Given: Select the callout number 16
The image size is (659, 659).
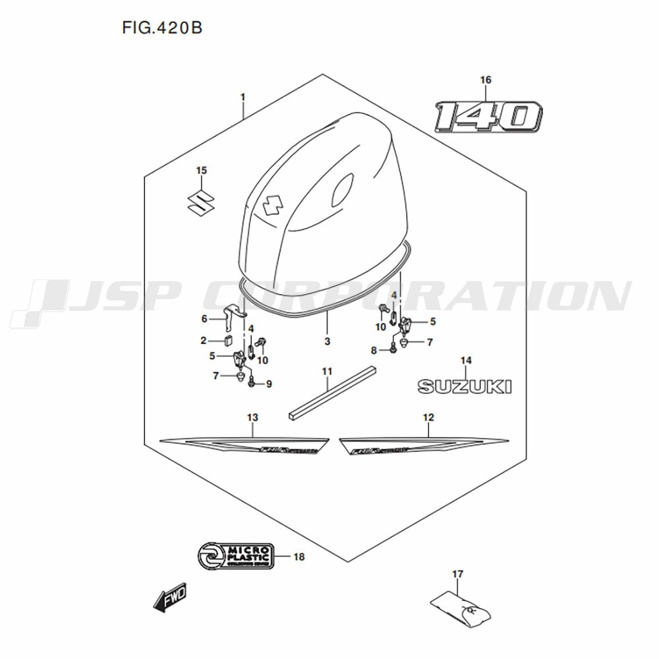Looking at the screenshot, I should (x=486, y=80).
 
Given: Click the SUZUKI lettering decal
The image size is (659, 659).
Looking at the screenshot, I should (x=465, y=386).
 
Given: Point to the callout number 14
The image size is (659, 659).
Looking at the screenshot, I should (x=466, y=360).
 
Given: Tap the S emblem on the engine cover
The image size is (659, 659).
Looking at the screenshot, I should (x=270, y=207).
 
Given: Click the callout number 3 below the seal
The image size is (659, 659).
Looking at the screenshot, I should (x=327, y=342).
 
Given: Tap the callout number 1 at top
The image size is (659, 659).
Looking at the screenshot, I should (x=243, y=98).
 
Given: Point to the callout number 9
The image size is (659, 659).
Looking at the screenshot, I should (x=269, y=384).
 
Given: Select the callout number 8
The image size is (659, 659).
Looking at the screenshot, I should (x=373, y=350).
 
